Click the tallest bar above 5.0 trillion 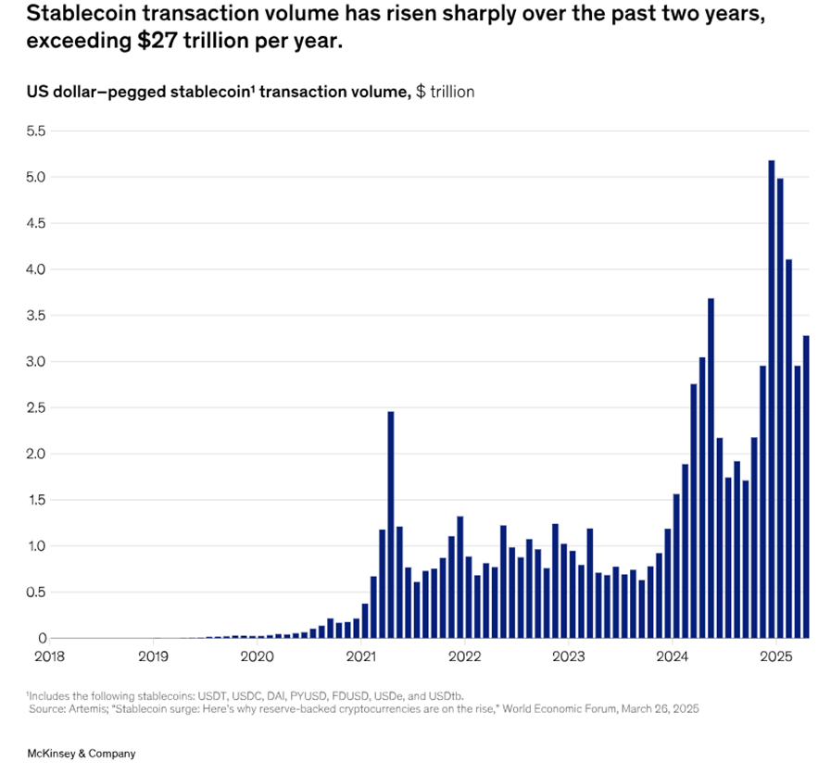(771, 399)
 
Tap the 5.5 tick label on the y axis (34, 131)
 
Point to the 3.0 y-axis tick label (34, 361)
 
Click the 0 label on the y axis (42, 638)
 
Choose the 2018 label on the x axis (49, 657)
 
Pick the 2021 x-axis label (360, 657)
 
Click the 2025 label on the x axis (775, 657)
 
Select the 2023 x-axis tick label (568, 657)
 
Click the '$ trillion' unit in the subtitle (446, 92)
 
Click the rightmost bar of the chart (805, 486)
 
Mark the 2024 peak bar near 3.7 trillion (711, 468)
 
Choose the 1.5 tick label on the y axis (34, 500)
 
